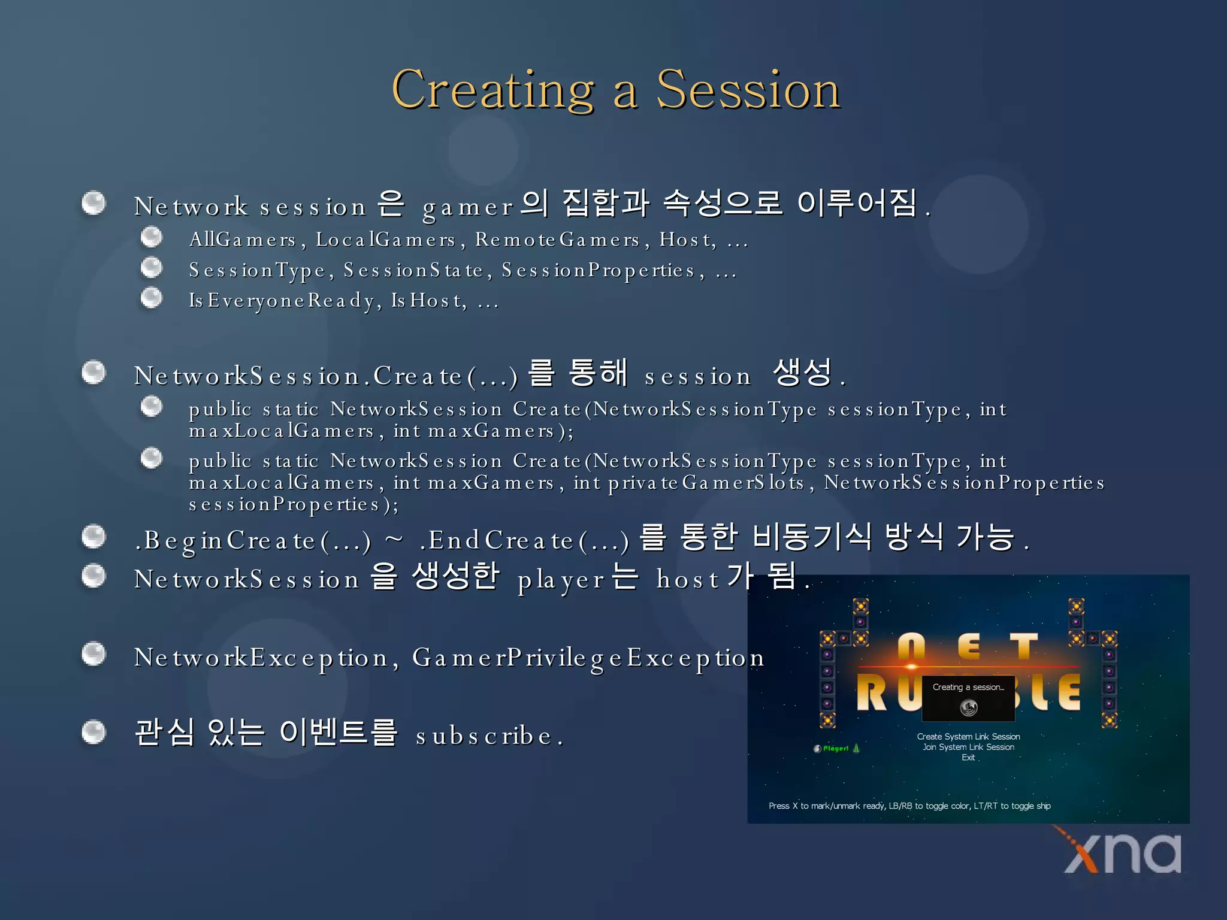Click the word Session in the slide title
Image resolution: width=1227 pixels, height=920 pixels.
(x=748, y=90)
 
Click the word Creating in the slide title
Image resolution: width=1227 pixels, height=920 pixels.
(x=492, y=90)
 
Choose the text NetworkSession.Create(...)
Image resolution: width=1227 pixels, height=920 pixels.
(x=325, y=376)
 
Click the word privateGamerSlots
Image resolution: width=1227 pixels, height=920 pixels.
(x=688, y=483)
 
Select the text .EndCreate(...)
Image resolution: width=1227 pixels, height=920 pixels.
(x=524, y=541)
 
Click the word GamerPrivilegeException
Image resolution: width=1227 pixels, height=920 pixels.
(x=588, y=658)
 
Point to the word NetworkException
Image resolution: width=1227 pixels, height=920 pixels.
(x=261, y=658)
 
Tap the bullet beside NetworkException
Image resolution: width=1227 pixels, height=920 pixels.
(x=93, y=653)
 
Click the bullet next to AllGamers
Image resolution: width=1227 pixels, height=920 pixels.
(x=152, y=237)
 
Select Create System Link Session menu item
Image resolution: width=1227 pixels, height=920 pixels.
(x=968, y=737)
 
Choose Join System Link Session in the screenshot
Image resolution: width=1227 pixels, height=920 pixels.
(x=968, y=747)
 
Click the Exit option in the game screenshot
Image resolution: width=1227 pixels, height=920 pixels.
(x=968, y=758)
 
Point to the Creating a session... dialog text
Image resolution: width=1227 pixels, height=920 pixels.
(x=968, y=687)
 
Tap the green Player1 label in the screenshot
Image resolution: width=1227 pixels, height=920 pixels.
(x=835, y=749)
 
